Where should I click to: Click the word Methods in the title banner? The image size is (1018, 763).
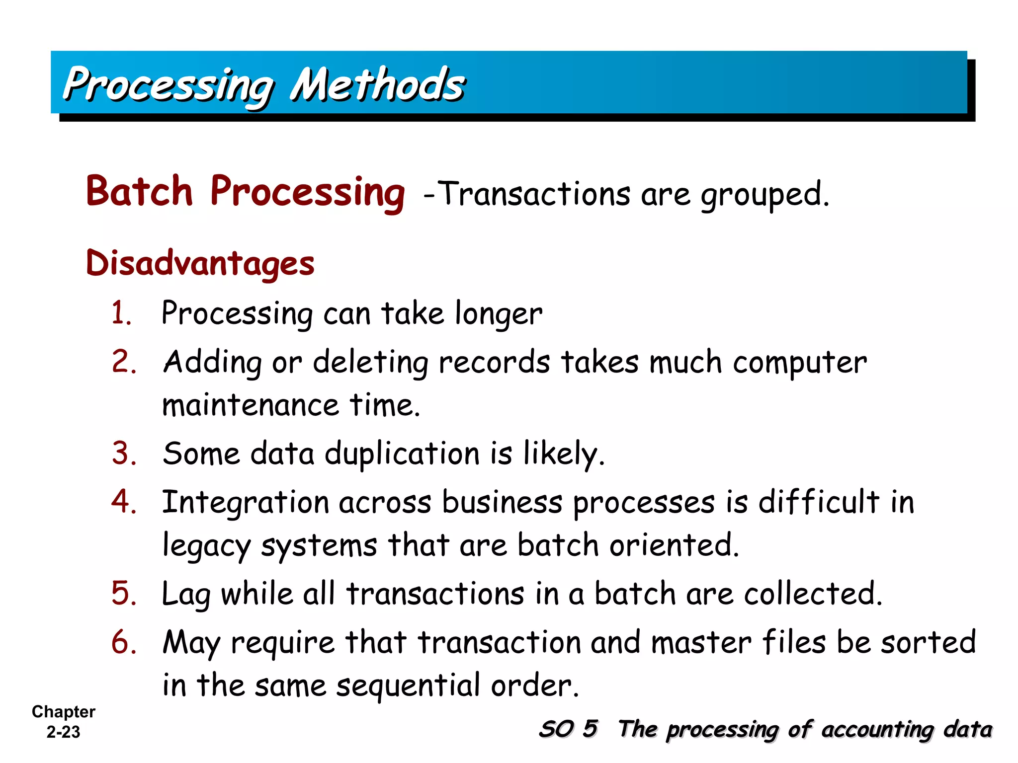tap(377, 84)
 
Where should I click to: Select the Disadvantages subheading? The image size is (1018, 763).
tap(200, 263)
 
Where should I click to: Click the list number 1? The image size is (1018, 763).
tap(121, 313)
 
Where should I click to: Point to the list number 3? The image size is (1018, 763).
tap(124, 454)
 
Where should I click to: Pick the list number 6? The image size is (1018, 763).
tap(124, 642)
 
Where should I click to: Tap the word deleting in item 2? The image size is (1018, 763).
tap(370, 363)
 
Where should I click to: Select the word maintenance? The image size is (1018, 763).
tap(251, 405)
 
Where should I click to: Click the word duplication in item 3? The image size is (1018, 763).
tap(402, 455)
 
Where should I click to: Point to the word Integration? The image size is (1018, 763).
tap(246, 503)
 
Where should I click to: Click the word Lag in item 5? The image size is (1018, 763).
tap(186, 595)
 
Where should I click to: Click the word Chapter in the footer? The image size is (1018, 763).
tap(63, 712)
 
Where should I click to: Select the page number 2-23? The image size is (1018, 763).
tap(63, 732)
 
